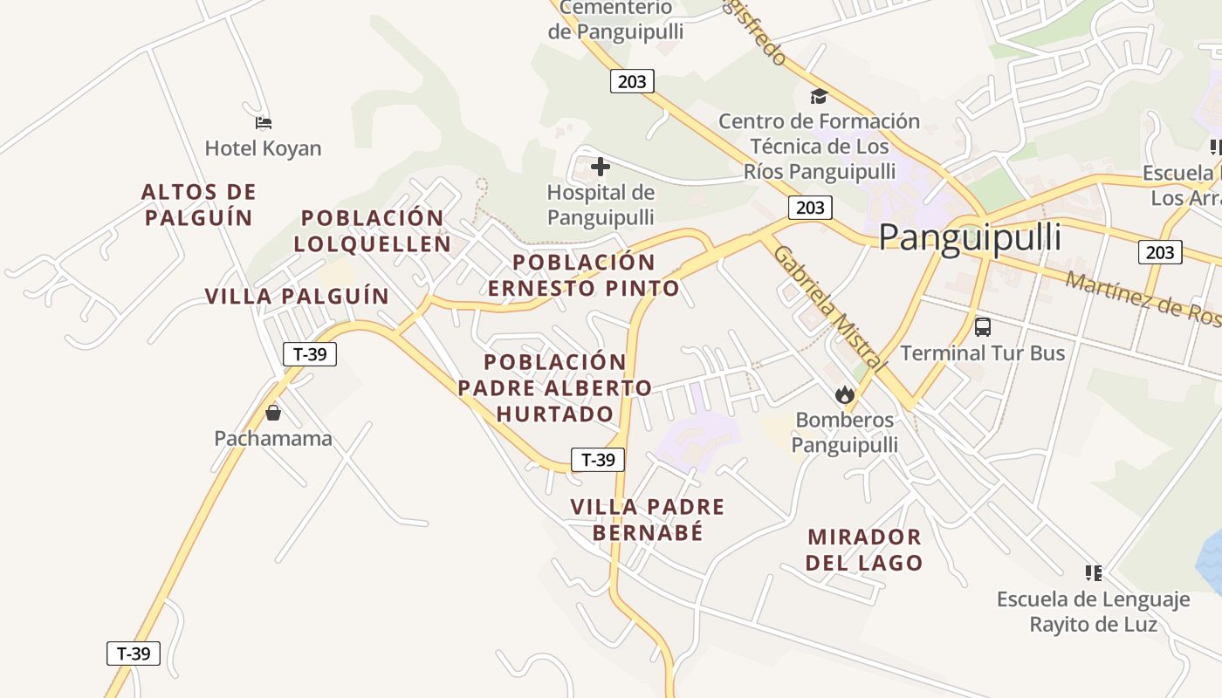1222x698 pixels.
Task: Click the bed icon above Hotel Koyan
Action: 264,123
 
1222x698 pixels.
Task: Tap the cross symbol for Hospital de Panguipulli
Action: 601,166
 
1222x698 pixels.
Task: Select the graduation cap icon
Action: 819,96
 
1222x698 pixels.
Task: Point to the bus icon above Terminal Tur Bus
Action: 983,327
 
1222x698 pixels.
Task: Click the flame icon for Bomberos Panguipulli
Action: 844,394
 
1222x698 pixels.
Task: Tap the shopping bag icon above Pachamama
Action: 273,412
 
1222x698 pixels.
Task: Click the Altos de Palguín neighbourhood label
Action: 199,204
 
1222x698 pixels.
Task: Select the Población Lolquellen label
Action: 373,230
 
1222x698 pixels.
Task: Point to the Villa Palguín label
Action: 297,296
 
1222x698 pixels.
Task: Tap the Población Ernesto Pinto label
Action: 583,275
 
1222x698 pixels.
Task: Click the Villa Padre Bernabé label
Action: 648,519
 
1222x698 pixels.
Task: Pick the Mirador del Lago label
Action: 864,550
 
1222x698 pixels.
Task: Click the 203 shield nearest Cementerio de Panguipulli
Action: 631,81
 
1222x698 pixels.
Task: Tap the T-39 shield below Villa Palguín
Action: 310,353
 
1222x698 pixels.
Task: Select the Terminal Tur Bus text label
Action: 983,352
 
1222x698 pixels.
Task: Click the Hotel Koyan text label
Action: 263,148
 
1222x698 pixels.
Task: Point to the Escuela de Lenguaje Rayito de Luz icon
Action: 1093,573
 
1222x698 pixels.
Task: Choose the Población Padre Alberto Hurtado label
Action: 555,387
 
